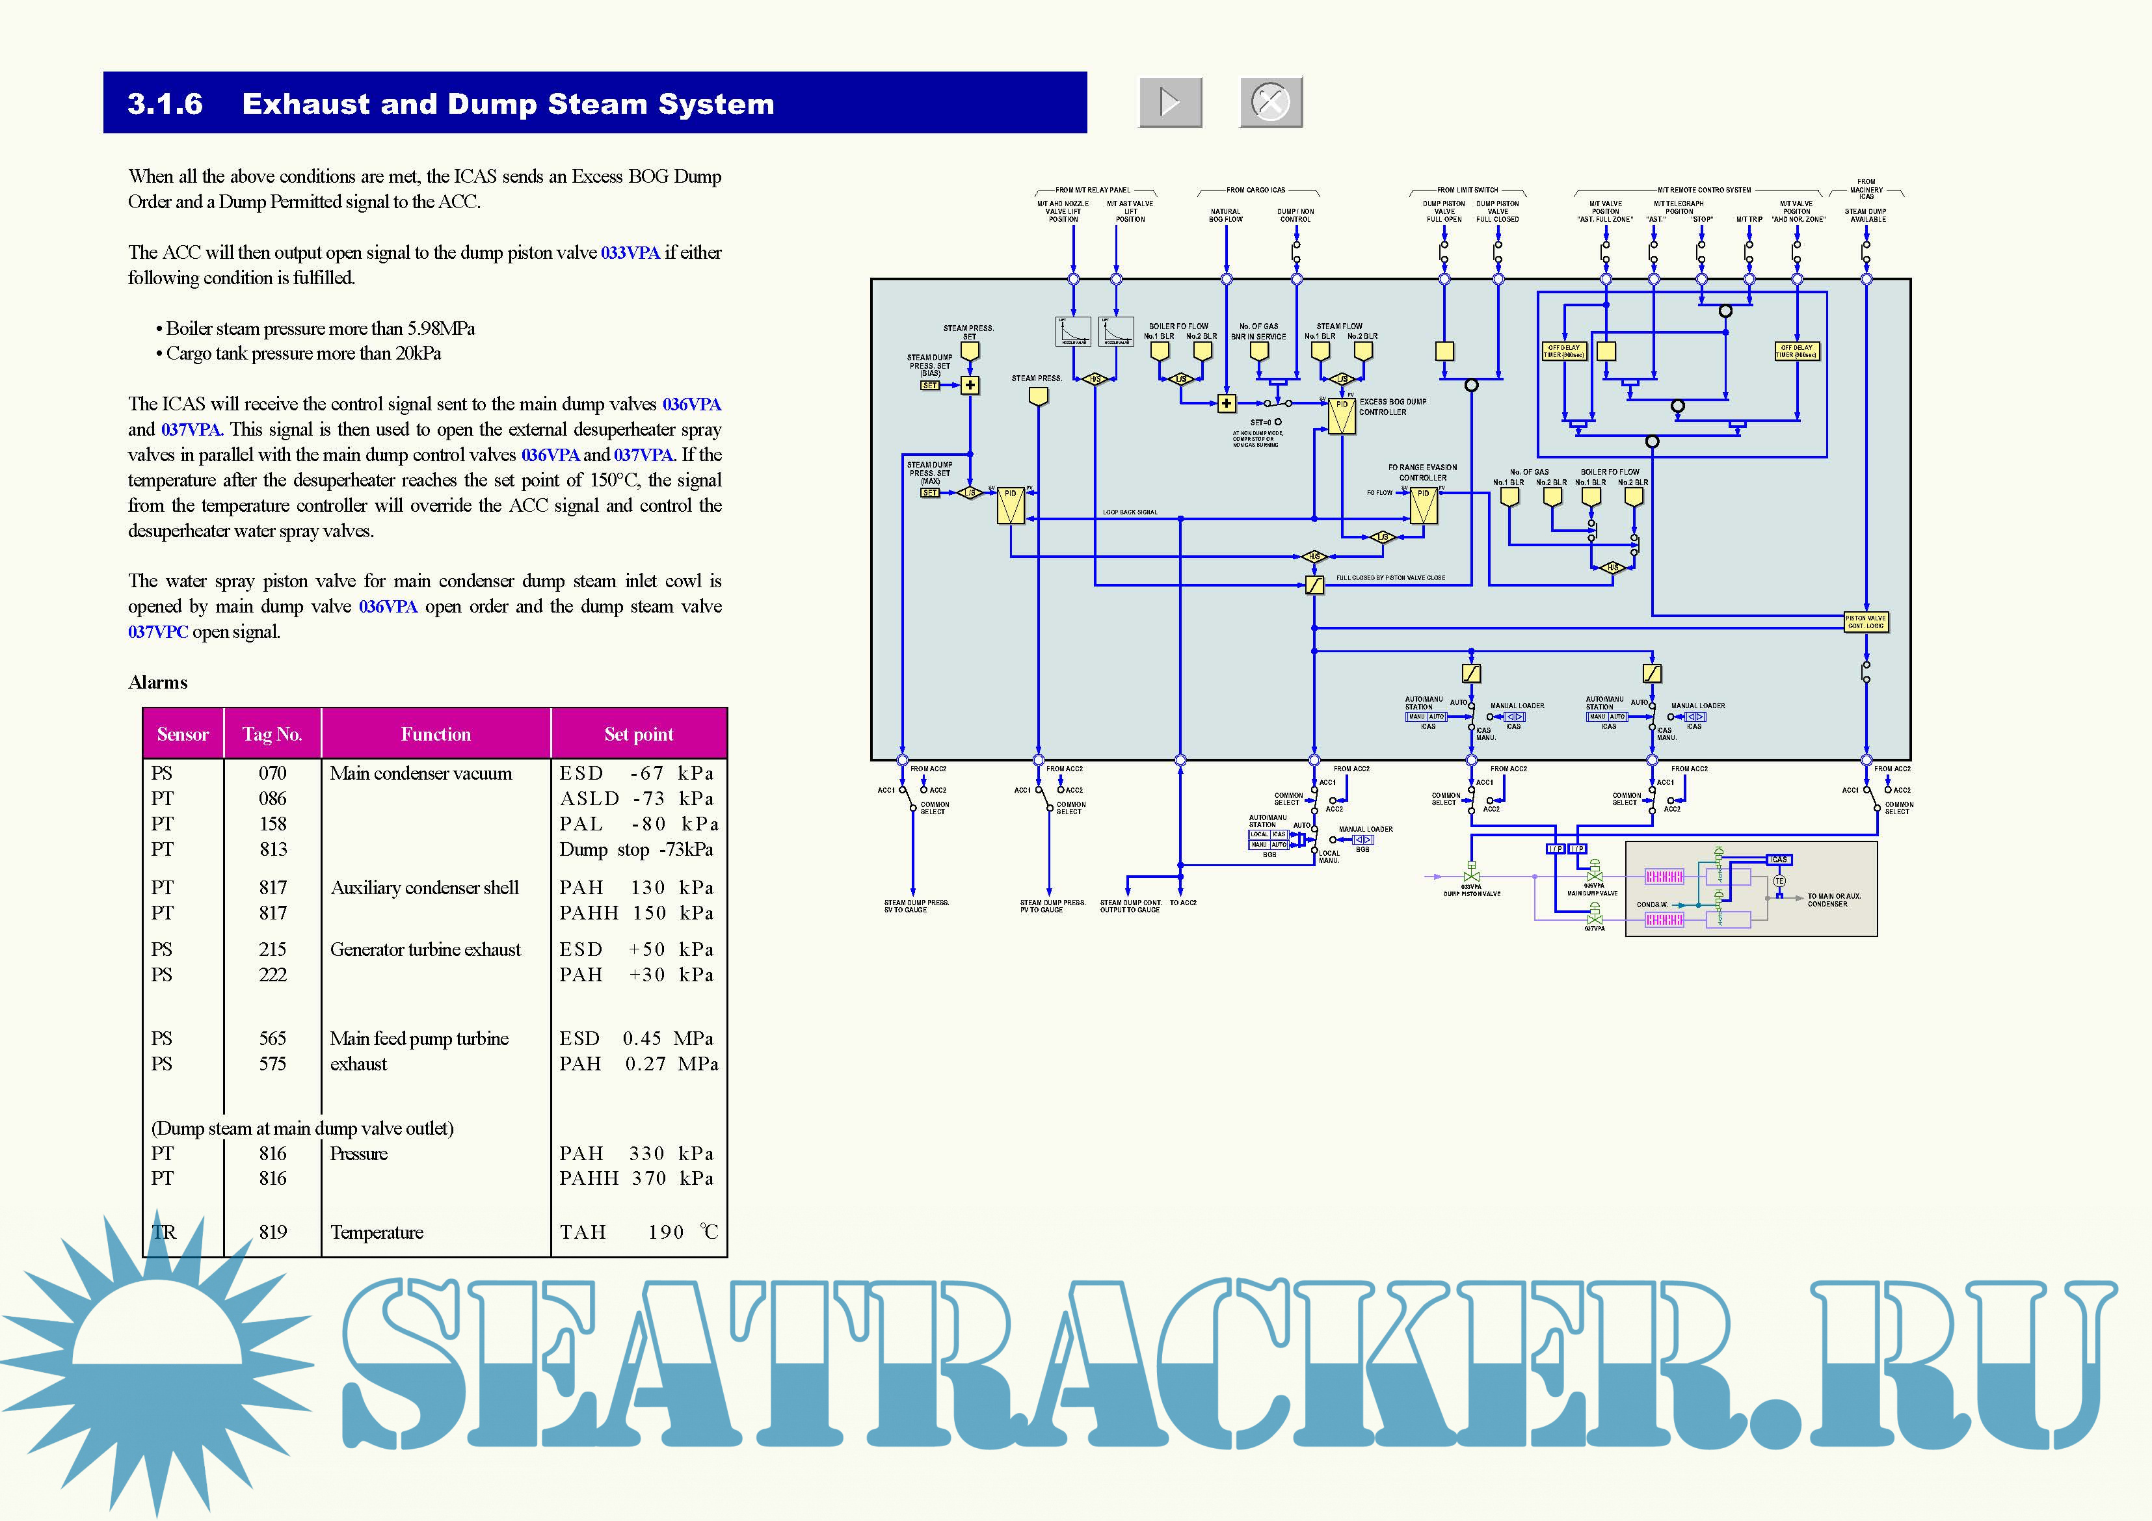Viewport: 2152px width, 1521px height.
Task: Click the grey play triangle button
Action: [x=1170, y=101]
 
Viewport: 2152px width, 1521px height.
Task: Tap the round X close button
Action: [x=1270, y=101]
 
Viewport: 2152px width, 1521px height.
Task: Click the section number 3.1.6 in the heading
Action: [x=165, y=103]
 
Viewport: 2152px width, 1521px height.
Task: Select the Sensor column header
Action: [x=183, y=734]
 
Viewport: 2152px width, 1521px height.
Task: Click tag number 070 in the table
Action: [x=272, y=773]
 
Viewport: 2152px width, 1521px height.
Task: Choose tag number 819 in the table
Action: [x=272, y=1232]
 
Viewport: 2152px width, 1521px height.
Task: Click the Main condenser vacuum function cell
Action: [x=421, y=773]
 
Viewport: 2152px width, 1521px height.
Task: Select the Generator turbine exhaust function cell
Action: [x=425, y=949]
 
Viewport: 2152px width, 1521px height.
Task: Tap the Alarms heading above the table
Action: [x=157, y=682]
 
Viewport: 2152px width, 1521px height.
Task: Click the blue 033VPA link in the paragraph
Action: [x=630, y=252]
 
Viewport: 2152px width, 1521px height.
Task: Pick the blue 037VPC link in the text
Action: [x=157, y=631]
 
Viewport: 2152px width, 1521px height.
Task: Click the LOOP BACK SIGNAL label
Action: [x=1130, y=512]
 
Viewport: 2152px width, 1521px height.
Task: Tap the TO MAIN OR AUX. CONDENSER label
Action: [x=1833, y=900]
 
